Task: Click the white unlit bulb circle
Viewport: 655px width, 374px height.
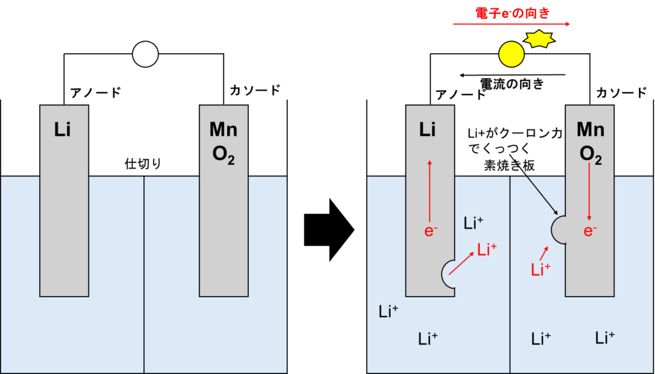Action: (145, 54)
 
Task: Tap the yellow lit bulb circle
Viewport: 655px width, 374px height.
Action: (511, 54)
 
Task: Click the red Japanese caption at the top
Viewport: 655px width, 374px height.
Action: (512, 13)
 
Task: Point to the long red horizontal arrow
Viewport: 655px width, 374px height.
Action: (512, 24)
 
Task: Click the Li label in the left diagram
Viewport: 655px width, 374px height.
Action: (63, 130)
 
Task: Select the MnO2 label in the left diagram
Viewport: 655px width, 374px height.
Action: (223, 142)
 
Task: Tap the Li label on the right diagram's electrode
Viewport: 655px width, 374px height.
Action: (428, 130)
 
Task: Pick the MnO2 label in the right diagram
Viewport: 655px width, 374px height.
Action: (590, 142)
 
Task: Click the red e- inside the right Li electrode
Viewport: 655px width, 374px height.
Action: (430, 231)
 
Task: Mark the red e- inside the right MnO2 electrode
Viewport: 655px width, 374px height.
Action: (590, 231)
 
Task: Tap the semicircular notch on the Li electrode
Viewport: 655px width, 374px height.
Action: (449, 274)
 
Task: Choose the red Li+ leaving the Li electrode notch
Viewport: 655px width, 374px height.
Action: (487, 250)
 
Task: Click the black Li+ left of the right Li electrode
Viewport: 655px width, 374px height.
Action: (388, 312)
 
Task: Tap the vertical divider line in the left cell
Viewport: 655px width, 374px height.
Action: (144, 275)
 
